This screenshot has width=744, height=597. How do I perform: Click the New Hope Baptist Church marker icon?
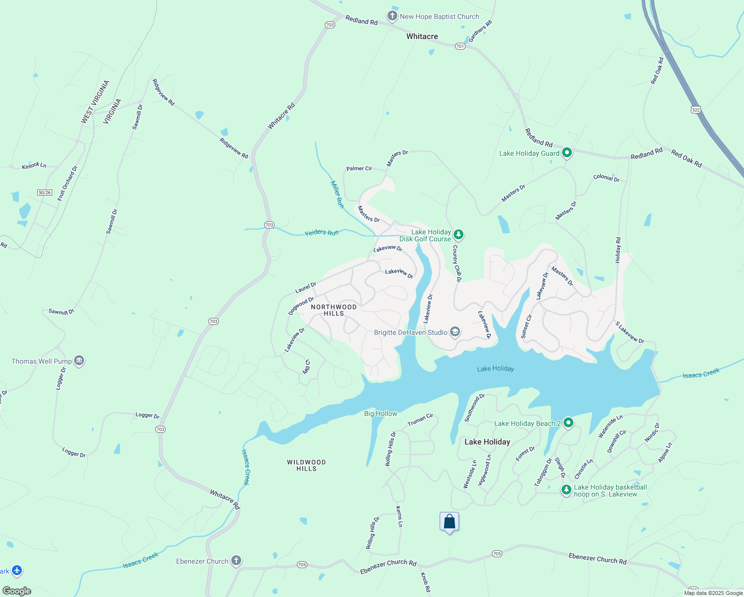point(392,16)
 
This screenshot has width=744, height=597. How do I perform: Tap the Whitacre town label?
point(422,36)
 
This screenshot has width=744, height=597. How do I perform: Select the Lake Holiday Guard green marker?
point(567,153)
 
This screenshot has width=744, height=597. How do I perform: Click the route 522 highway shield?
point(696,109)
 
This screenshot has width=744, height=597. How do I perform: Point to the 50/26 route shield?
point(45,193)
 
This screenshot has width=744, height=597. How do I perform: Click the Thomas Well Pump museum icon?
point(79,361)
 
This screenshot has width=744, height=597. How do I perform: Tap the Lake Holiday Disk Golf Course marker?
point(459,235)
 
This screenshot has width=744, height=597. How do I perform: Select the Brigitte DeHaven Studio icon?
point(455,332)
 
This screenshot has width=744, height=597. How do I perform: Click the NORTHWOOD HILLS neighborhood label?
point(334,310)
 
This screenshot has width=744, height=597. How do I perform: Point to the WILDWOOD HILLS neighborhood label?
point(306,466)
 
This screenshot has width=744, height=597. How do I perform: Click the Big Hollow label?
point(380,413)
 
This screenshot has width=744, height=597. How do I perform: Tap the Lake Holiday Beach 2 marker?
point(568,423)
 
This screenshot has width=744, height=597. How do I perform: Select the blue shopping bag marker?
point(449,522)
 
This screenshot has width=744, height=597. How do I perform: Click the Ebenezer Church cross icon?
point(236,561)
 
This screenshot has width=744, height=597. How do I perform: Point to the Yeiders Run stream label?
point(321,232)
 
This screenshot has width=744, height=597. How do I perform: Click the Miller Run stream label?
point(337,194)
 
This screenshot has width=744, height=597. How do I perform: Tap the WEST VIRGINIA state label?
point(95,102)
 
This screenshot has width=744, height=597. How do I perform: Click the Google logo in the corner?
point(16,591)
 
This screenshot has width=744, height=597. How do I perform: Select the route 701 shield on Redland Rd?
point(460,46)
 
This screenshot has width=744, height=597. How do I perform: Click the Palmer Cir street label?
point(359,169)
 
